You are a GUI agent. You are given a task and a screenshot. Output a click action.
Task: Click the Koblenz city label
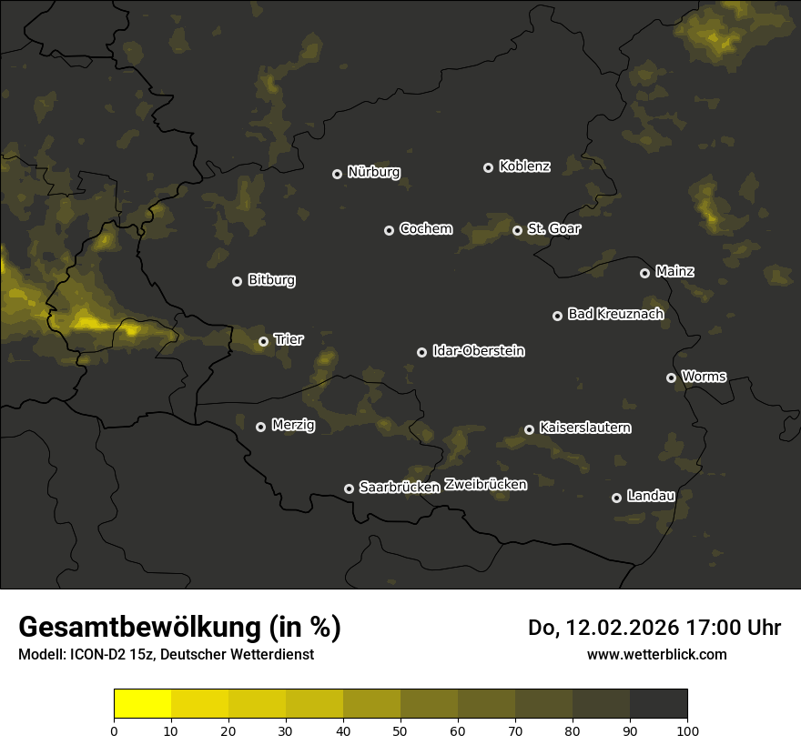(x=524, y=166)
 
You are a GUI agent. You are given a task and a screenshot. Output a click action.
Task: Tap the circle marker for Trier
(x=264, y=342)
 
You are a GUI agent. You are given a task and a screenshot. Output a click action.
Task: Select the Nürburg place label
(x=373, y=173)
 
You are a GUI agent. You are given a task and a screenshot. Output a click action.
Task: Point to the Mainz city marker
(x=645, y=273)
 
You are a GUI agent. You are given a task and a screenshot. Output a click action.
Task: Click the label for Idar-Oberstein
(x=478, y=351)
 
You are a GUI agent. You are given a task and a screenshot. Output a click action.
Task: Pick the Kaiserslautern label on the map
(x=584, y=428)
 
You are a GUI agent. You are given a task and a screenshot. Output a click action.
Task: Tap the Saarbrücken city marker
(x=349, y=488)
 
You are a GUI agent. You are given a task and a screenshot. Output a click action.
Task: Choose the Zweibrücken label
(x=485, y=485)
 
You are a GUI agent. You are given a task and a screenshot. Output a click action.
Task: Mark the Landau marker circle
(x=617, y=498)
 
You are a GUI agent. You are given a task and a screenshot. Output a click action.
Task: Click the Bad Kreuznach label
(x=615, y=314)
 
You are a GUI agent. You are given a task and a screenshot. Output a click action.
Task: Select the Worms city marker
(x=672, y=377)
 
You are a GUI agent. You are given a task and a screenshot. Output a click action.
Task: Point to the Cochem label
(x=425, y=229)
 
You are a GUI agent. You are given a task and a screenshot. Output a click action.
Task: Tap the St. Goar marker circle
(x=518, y=230)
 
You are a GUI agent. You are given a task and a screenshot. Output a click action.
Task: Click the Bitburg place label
(x=271, y=280)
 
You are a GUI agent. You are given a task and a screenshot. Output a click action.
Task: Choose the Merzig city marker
(x=261, y=427)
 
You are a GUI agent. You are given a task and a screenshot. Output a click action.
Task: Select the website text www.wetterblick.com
(x=656, y=654)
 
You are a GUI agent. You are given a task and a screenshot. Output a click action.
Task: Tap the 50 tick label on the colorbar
(x=400, y=730)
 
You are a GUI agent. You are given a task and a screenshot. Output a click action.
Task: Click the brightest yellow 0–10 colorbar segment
(x=143, y=704)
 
